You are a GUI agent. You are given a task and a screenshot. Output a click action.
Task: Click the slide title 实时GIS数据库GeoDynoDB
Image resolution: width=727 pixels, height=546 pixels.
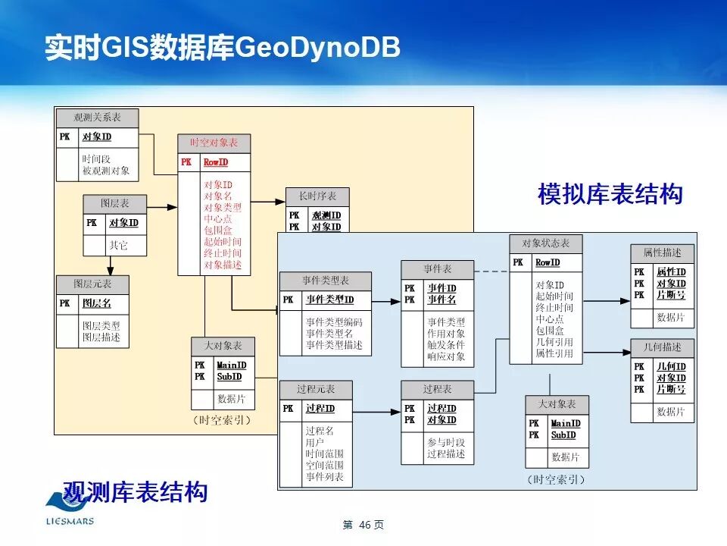coord(222,47)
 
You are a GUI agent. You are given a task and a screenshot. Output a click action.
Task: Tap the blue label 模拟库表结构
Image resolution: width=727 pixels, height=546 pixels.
coord(610,194)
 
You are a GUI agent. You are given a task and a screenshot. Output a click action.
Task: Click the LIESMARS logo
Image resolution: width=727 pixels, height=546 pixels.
coord(69,509)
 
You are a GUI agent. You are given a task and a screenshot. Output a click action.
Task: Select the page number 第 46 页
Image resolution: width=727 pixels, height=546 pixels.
coord(363,525)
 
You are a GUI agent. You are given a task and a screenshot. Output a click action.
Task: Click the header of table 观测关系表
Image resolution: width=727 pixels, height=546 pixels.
coord(97,118)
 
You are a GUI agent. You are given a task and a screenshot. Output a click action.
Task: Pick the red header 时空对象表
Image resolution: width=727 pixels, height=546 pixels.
coord(214,143)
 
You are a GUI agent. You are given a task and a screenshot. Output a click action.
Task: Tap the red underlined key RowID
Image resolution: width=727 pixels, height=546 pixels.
coord(215,162)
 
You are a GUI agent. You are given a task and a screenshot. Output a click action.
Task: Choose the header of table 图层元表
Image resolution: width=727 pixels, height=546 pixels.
coord(92,284)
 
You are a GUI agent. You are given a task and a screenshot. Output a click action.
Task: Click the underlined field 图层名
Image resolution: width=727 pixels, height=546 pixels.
coord(96,303)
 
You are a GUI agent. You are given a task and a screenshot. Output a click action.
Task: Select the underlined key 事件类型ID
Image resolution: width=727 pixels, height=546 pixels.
coord(329,300)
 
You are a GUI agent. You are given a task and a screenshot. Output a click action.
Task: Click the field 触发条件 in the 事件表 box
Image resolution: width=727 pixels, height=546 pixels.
coord(446,345)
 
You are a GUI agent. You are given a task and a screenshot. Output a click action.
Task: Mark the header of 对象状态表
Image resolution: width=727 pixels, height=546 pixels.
coord(545,243)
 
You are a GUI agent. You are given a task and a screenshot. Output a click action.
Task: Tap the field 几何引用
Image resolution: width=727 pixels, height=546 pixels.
coord(554,342)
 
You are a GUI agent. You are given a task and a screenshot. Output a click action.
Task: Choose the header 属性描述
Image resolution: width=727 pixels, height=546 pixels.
coord(662,253)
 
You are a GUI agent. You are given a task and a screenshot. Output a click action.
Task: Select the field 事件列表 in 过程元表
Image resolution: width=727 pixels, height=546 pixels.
coord(325,477)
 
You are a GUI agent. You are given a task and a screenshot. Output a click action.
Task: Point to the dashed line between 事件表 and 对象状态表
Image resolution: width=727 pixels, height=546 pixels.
coord(492,271)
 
